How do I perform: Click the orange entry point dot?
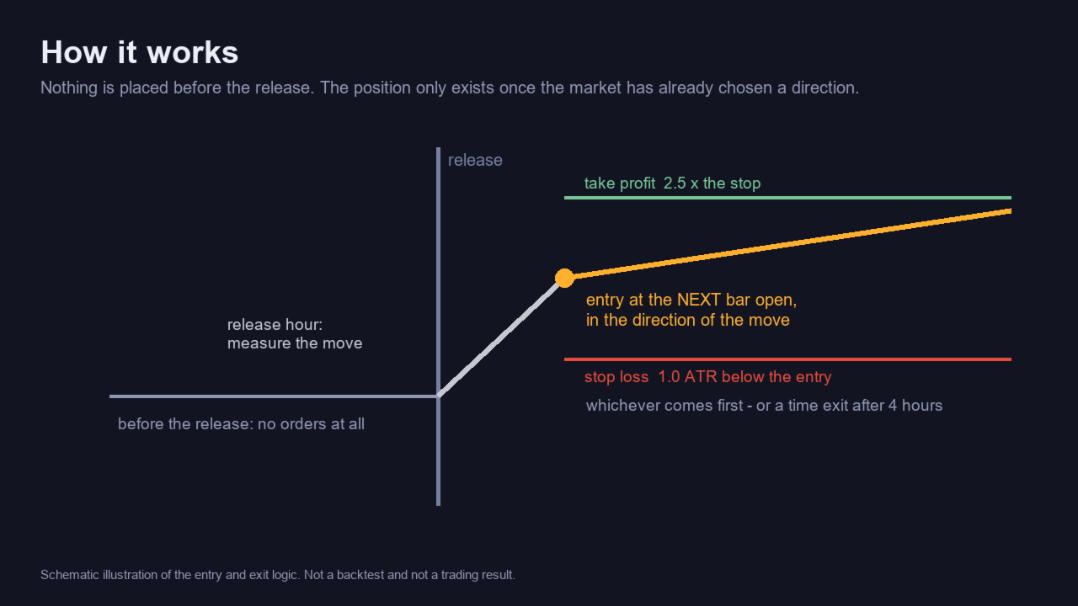click(x=564, y=278)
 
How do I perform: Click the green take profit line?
click(x=787, y=198)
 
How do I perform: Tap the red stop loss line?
click(x=787, y=359)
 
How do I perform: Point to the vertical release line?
click(x=438, y=327)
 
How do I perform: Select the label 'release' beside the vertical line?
click(x=475, y=160)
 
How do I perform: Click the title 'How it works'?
click(x=140, y=52)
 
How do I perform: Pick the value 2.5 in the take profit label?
click(x=675, y=183)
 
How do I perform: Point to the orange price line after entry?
click(x=787, y=244)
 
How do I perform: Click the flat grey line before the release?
click(x=274, y=396)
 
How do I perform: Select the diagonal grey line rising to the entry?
click(x=501, y=338)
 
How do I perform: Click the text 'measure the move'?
click(x=295, y=343)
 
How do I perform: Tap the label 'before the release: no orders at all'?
click(x=241, y=423)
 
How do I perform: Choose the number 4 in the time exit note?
click(x=893, y=406)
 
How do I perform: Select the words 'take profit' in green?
click(x=620, y=183)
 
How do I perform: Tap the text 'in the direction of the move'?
click(x=688, y=321)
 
